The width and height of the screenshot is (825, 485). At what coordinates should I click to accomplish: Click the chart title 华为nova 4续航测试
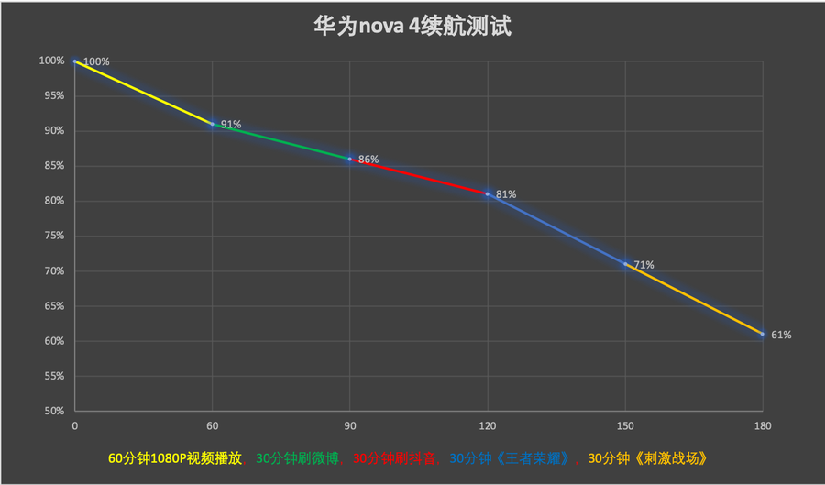pos(412,26)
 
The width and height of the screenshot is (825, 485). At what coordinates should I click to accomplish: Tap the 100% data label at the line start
pos(96,62)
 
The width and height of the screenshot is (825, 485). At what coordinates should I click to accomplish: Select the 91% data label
pos(231,125)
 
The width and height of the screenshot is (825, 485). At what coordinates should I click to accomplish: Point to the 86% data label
pos(368,160)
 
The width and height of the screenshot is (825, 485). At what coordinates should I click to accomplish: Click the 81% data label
pos(506,194)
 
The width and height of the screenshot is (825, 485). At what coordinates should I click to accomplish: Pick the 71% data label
pos(643,265)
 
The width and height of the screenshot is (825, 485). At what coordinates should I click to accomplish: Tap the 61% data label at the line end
pos(781,335)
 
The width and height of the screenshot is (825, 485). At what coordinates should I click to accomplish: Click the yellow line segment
pos(143,92)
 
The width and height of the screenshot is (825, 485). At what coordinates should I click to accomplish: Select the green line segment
pos(280,141)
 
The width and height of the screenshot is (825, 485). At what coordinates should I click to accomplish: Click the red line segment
pos(418,176)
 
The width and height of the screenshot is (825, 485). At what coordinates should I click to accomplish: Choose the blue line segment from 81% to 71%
pos(556,228)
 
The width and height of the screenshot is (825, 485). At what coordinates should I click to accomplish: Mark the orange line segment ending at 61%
pos(694,299)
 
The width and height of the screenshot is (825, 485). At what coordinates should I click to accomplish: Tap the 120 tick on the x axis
pos(487,426)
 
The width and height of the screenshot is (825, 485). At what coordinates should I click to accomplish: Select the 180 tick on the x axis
pos(762,426)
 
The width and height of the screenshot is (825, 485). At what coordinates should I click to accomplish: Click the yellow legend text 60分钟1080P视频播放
pos(175,458)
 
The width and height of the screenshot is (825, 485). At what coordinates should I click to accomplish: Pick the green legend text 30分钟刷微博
pos(298,458)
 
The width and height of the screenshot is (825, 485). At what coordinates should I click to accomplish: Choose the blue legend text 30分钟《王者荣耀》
pos(515,458)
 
